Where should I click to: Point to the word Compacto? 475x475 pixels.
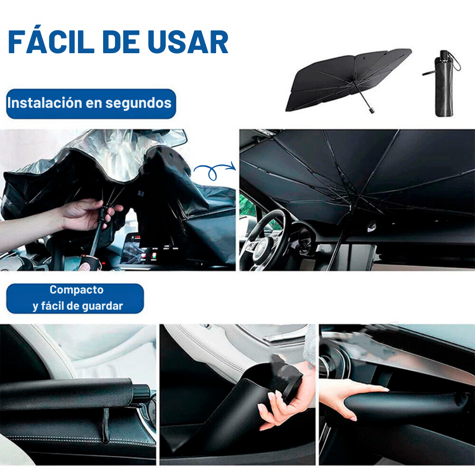pyautogui.click(x=76, y=290)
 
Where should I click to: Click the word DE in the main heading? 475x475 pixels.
pyautogui.click(x=121, y=42)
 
